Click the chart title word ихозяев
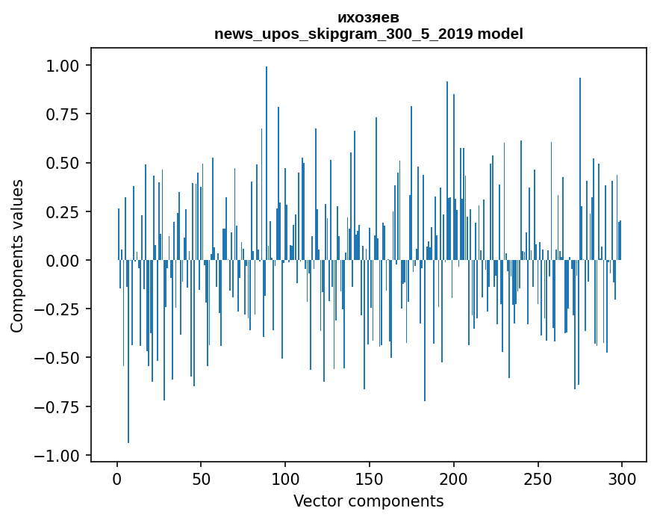coord(368,18)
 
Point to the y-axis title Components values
coord(17,256)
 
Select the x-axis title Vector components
coord(368,501)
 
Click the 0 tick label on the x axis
coord(117,480)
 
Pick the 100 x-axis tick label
coord(285,480)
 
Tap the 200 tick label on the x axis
coord(454,480)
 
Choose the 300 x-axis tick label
coord(622,480)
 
